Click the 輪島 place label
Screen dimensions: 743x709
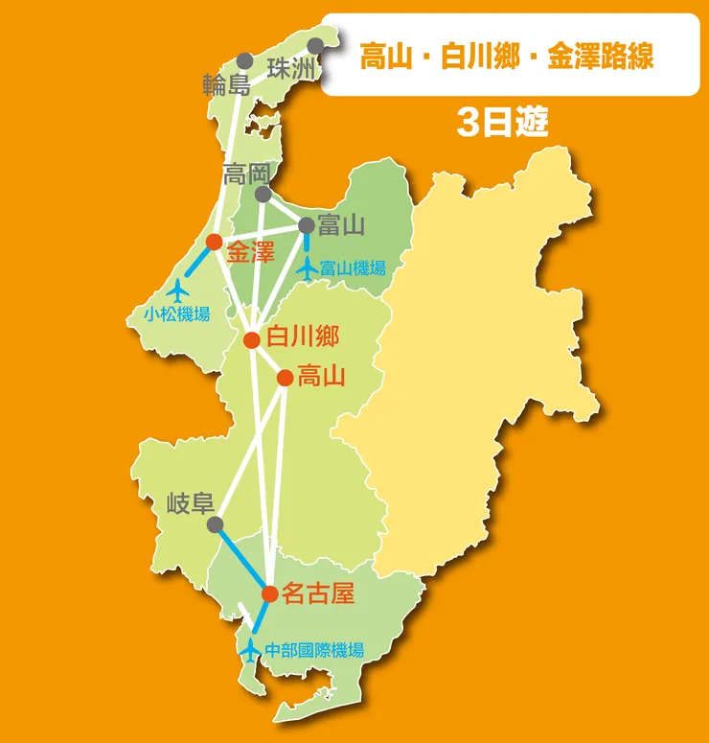pos(226,83)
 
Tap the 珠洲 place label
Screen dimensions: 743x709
pos(290,69)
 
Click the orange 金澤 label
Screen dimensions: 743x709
pos(251,253)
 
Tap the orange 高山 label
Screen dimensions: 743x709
pos(322,377)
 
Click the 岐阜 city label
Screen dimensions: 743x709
pos(191,503)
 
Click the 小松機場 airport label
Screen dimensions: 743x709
pos(177,313)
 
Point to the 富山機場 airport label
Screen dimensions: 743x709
pos(354,268)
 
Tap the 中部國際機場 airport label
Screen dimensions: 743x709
pos(315,650)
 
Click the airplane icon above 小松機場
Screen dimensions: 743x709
pos(177,288)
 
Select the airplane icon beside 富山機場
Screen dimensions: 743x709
pos(308,268)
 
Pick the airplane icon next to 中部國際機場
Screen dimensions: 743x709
pos(250,649)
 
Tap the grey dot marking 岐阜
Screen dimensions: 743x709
pos(215,524)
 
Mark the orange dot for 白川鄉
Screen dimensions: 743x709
pos(252,339)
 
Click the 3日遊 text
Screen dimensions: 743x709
pos(502,124)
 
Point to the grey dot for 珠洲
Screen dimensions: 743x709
pos(316,45)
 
